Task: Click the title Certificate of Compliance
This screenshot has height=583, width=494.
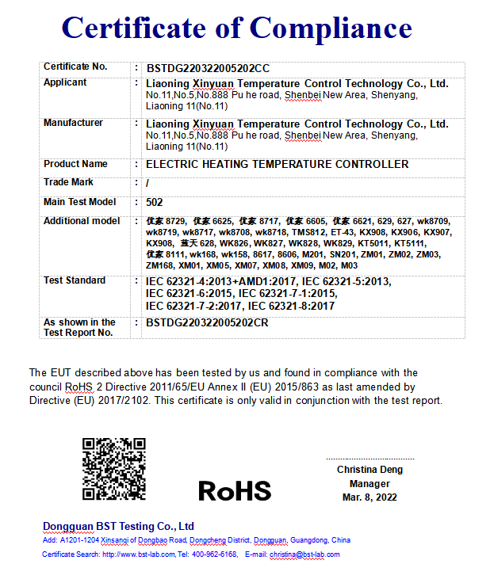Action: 236,29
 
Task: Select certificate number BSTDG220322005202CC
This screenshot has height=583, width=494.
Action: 213,69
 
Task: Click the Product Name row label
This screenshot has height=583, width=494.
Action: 75,164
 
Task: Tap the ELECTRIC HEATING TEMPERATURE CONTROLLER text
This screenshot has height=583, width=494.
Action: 278,165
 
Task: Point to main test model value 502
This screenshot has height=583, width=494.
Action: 155,203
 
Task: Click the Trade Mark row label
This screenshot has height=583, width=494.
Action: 68,182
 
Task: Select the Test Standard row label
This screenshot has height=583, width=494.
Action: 75,280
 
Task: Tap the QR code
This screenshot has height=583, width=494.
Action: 114,469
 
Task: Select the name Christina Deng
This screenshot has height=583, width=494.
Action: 370,470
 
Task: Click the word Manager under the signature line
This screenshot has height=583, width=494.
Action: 370,483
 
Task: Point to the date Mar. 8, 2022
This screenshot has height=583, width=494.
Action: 370,497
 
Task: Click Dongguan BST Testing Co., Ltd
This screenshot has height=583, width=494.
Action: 118,527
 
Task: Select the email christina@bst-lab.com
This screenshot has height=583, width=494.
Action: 304,554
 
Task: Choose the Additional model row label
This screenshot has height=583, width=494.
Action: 82,221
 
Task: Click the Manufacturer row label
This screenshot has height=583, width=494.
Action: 73,123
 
